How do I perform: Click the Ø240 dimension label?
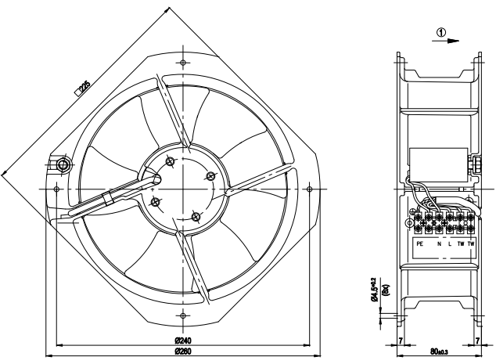182,341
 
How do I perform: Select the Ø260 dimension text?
182,351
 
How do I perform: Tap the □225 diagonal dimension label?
83,89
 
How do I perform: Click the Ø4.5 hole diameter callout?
376,286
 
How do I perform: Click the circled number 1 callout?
441,33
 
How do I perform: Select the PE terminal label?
420,244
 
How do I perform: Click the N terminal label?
440,244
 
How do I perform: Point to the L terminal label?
450,244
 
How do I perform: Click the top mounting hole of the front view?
182,62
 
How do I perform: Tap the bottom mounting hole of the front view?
182,315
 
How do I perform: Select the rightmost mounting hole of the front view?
311,189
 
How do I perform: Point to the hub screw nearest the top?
171,161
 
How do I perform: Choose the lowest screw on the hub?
196,215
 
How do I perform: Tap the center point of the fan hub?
182,189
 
